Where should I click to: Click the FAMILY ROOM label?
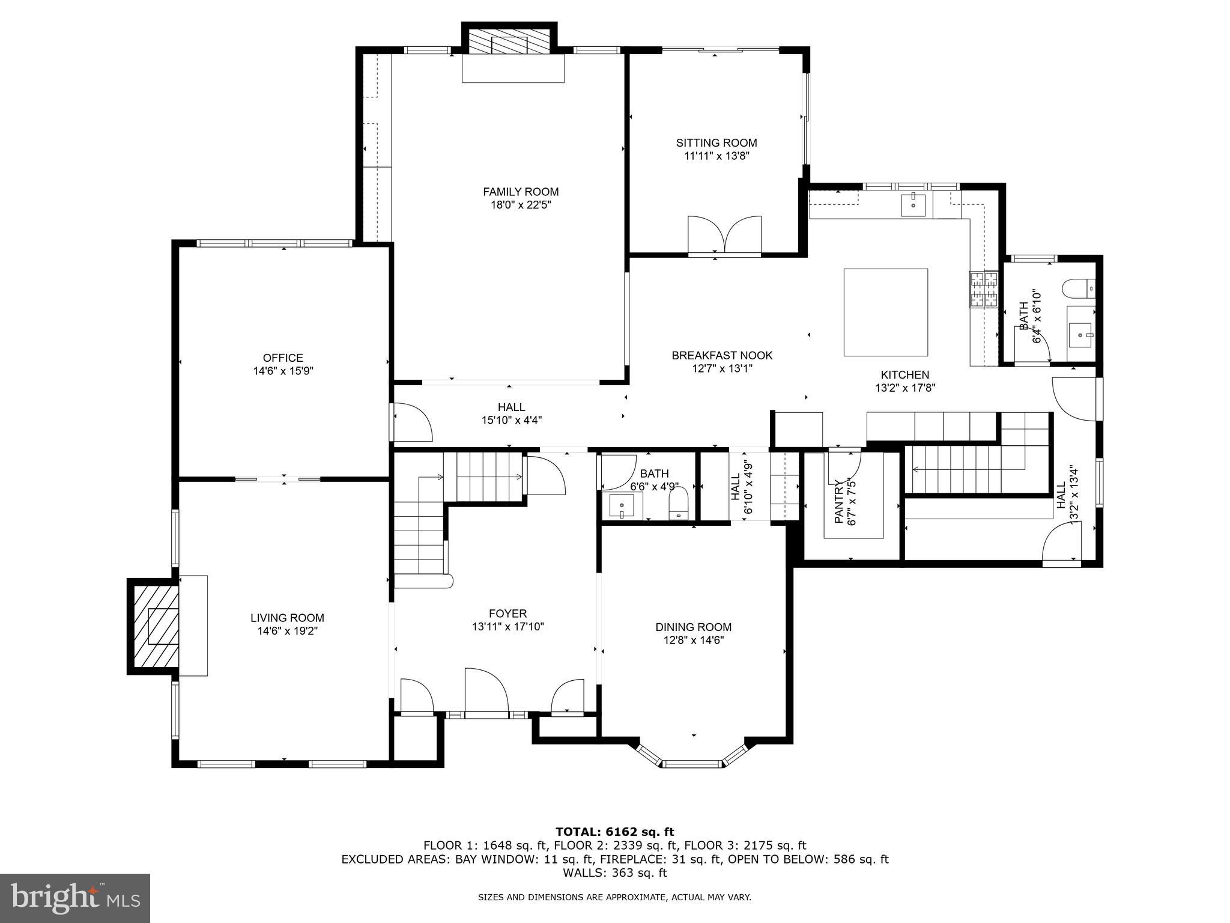pos(521,192)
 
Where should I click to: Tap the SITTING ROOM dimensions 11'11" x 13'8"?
pos(716,156)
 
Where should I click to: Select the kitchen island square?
pos(885,312)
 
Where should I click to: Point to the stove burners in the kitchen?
pos(983,290)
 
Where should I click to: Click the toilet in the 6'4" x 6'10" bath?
pos(1079,289)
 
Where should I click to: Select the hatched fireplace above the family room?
pos(509,42)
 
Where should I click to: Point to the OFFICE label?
pos(283,358)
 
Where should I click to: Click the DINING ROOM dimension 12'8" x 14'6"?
pos(693,640)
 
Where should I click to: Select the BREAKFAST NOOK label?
pos(722,356)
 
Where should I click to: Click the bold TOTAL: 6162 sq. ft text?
pos(614,832)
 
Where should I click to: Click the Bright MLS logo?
pos(74,898)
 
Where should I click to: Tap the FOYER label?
pos(507,614)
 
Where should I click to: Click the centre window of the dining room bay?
pos(692,764)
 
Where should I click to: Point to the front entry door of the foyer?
pos(486,691)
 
